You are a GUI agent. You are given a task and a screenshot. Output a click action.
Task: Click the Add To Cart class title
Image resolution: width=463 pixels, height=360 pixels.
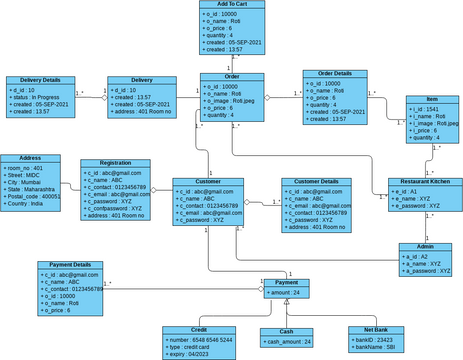pyautogui.click(x=231, y=6)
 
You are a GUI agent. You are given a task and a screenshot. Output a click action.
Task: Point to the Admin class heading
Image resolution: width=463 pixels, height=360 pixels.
pyautogui.click(x=425, y=246)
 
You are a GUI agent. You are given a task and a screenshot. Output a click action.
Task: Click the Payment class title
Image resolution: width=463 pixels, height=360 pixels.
pyautogui.click(x=286, y=283)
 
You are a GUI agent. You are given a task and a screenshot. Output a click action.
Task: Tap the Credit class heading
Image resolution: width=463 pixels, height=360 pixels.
pyautogui.click(x=198, y=329)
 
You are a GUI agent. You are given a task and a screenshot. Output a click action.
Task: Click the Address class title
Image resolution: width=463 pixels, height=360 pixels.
pyautogui.click(x=23, y=158)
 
